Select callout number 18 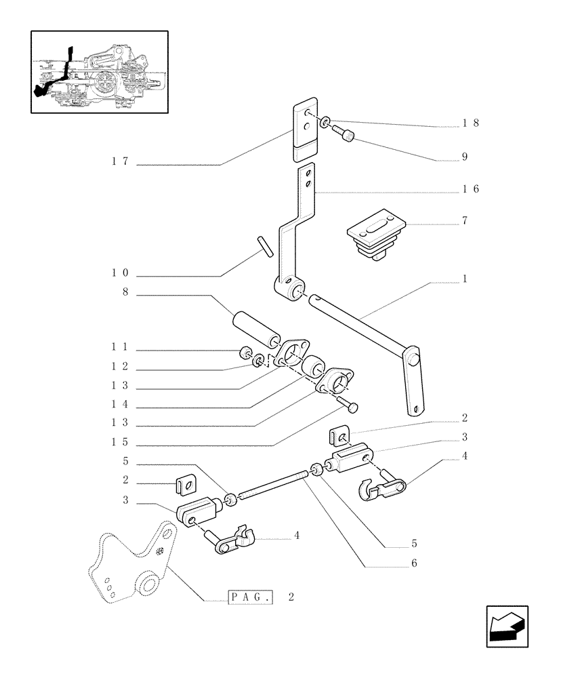470,123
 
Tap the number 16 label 470,189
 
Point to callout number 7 465,221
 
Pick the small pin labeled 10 264,245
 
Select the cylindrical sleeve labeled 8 257,328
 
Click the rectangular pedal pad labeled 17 307,132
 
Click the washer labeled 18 325,122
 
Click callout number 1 465,279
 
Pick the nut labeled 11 245,353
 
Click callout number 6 414,563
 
